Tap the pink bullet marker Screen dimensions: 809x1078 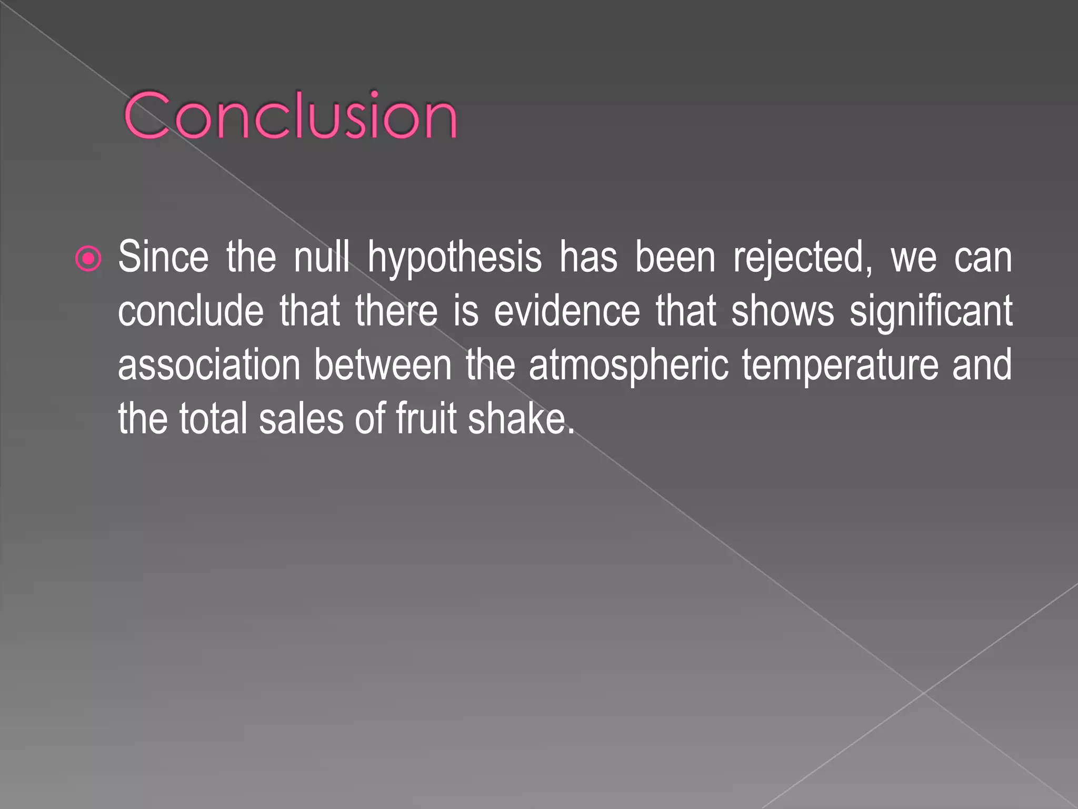coord(88,259)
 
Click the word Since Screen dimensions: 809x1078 coord(163,257)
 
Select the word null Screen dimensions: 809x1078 coord(321,257)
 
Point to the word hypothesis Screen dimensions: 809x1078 coord(454,258)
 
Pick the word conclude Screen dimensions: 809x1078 coord(191,311)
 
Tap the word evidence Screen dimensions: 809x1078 coord(567,311)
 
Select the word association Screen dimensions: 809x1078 coord(209,364)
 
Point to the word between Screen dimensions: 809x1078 coord(383,364)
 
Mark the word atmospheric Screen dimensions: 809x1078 coord(628,366)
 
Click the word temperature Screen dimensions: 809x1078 coord(840,366)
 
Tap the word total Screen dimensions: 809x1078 coord(213,418)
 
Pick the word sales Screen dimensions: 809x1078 coord(301,418)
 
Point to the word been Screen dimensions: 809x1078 coord(675,257)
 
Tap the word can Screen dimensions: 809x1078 coord(983,258)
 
